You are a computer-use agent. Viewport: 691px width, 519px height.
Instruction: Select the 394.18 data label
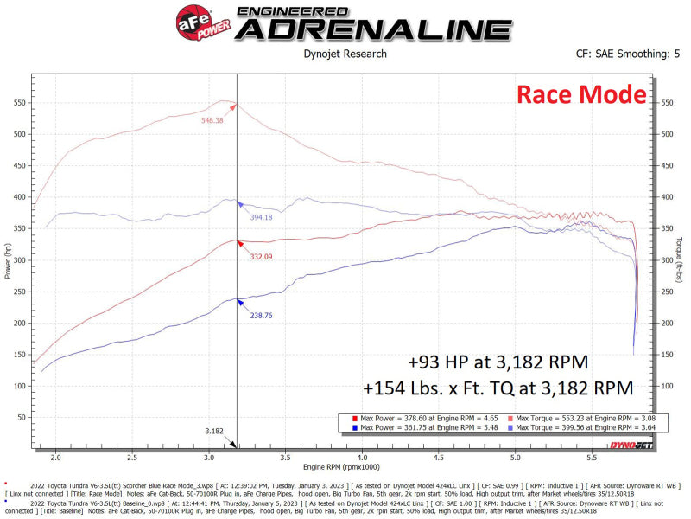click(x=261, y=217)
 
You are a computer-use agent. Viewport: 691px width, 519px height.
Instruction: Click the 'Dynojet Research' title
click(x=344, y=54)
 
